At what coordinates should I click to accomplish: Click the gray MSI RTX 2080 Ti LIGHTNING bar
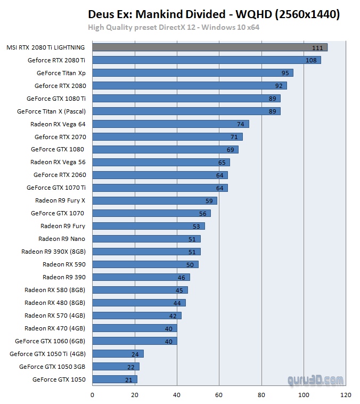click(209, 47)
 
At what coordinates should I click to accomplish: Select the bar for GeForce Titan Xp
click(192, 73)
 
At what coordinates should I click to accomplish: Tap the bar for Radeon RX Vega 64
click(170, 124)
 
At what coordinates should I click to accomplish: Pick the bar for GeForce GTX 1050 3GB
click(116, 367)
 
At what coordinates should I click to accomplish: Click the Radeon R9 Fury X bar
click(154, 201)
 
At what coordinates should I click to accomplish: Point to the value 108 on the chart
click(311, 60)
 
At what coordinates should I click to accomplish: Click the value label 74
click(241, 124)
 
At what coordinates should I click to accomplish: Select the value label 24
click(136, 354)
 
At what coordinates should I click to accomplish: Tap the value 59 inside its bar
click(209, 201)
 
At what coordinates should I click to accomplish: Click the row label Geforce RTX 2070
click(60, 137)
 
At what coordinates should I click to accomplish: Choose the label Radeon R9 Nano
click(62, 239)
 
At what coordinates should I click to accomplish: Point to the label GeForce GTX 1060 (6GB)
click(50, 341)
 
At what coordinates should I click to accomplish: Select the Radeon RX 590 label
click(64, 264)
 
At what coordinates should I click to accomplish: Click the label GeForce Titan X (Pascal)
click(51, 111)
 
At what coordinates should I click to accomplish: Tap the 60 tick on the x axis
click(219, 395)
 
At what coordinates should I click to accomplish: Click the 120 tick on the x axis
click(346, 395)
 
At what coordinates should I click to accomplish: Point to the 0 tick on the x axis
click(92, 395)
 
